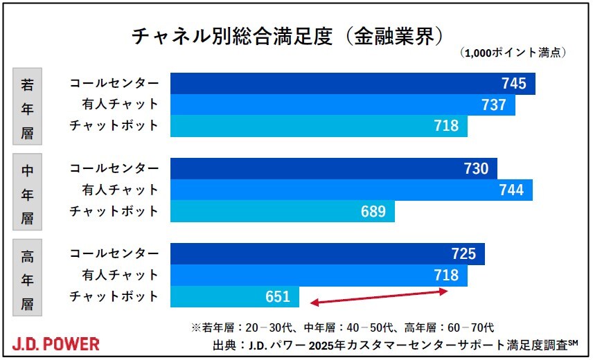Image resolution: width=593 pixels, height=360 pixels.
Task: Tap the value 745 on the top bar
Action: coord(514,84)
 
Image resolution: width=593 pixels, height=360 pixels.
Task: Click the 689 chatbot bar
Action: coord(282,211)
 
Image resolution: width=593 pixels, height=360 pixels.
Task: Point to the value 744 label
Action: coord(511,190)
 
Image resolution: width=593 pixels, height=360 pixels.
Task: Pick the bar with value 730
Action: coord(333,169)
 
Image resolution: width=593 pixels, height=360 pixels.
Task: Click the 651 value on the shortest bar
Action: coord(277,297)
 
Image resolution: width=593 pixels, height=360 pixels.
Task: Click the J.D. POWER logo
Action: coord(55,344)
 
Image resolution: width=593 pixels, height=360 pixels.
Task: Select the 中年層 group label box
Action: coord(28,190)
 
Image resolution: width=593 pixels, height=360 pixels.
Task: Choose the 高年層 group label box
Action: coord(28,276)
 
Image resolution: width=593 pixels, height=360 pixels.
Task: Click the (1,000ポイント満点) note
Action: coord(513,53)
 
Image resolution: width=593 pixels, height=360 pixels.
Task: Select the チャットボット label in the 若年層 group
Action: coord(114,126)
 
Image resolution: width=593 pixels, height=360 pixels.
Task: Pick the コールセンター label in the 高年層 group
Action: coord(114,254)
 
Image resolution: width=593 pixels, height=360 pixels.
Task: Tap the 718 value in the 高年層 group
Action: coord(445,276)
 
